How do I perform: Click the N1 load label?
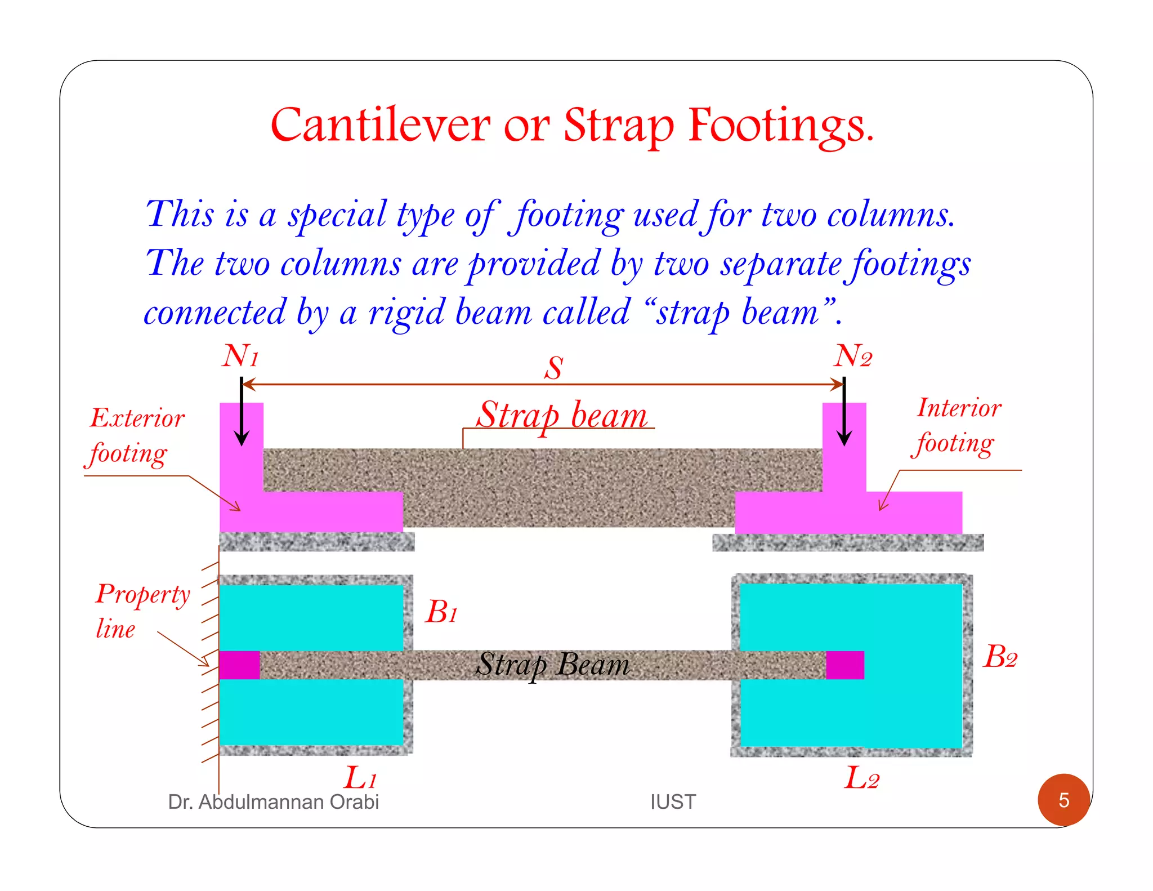[240, 357]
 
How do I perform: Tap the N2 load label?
[853, 357]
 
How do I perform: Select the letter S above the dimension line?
[554, 368]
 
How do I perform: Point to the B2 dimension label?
[1000, 657]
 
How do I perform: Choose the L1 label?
[360, 778]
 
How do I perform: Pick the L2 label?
[861, 778]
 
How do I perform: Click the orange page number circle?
[1063, 800]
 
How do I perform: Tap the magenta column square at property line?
[239, 665]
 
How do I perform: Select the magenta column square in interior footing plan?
[845, 665]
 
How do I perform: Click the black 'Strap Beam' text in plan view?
[553, 665]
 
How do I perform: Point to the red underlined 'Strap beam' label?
[563, 416]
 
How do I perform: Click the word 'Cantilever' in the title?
[381, 125]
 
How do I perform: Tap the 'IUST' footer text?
[673, 801]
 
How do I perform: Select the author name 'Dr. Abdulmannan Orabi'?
[274, 801]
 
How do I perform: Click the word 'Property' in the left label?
[143, 595]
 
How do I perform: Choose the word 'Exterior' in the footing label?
[137, 418]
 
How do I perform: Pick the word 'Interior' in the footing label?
[959, 408]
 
